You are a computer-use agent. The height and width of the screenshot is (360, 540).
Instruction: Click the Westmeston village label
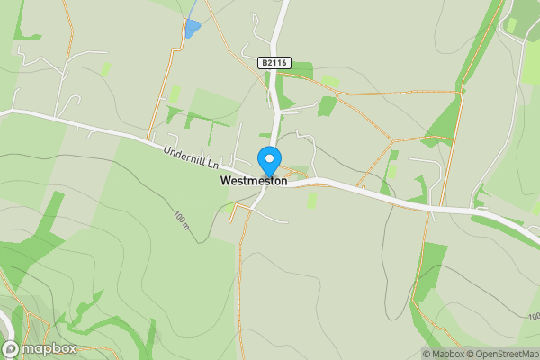(254, 181)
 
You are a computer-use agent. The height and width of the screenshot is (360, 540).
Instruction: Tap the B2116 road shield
(274, 62)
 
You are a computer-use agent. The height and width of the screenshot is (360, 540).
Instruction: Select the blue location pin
(269, 162)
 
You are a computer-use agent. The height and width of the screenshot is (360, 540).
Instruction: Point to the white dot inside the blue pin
(269, 157)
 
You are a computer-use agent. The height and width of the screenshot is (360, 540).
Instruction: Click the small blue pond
(192, 28)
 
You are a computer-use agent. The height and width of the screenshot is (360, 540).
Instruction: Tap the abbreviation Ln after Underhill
(213, 165)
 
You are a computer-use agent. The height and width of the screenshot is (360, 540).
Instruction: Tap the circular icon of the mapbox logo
(11, 349)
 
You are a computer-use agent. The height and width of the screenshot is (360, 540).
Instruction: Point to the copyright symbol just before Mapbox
(427, 354)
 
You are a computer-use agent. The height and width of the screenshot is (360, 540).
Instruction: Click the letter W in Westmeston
(225, 181)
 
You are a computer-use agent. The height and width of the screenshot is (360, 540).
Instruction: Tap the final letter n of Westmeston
(283, 181)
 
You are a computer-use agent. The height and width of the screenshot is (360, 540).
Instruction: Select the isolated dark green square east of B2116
(327, 107)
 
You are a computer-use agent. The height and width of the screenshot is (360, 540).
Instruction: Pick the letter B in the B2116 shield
(264, 62)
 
